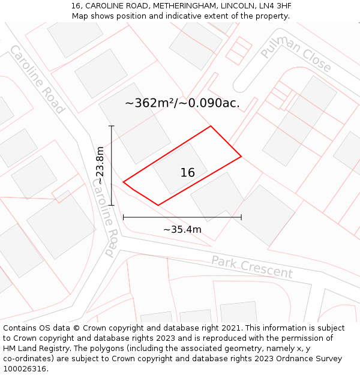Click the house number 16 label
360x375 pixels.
(187, 173)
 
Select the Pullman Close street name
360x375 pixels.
(296, 54)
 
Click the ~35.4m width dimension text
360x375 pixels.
(182, 229)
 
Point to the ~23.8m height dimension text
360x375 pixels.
(100, 166)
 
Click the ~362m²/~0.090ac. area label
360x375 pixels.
(182, 103)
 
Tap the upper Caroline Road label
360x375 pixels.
(37, 79)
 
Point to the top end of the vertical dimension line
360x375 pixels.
(112, 126)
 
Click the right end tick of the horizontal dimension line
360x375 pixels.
(241, 217)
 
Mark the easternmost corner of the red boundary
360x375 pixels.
(241, 157)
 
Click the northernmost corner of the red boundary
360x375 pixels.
(211, 126)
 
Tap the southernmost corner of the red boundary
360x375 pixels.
(158, 205)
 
